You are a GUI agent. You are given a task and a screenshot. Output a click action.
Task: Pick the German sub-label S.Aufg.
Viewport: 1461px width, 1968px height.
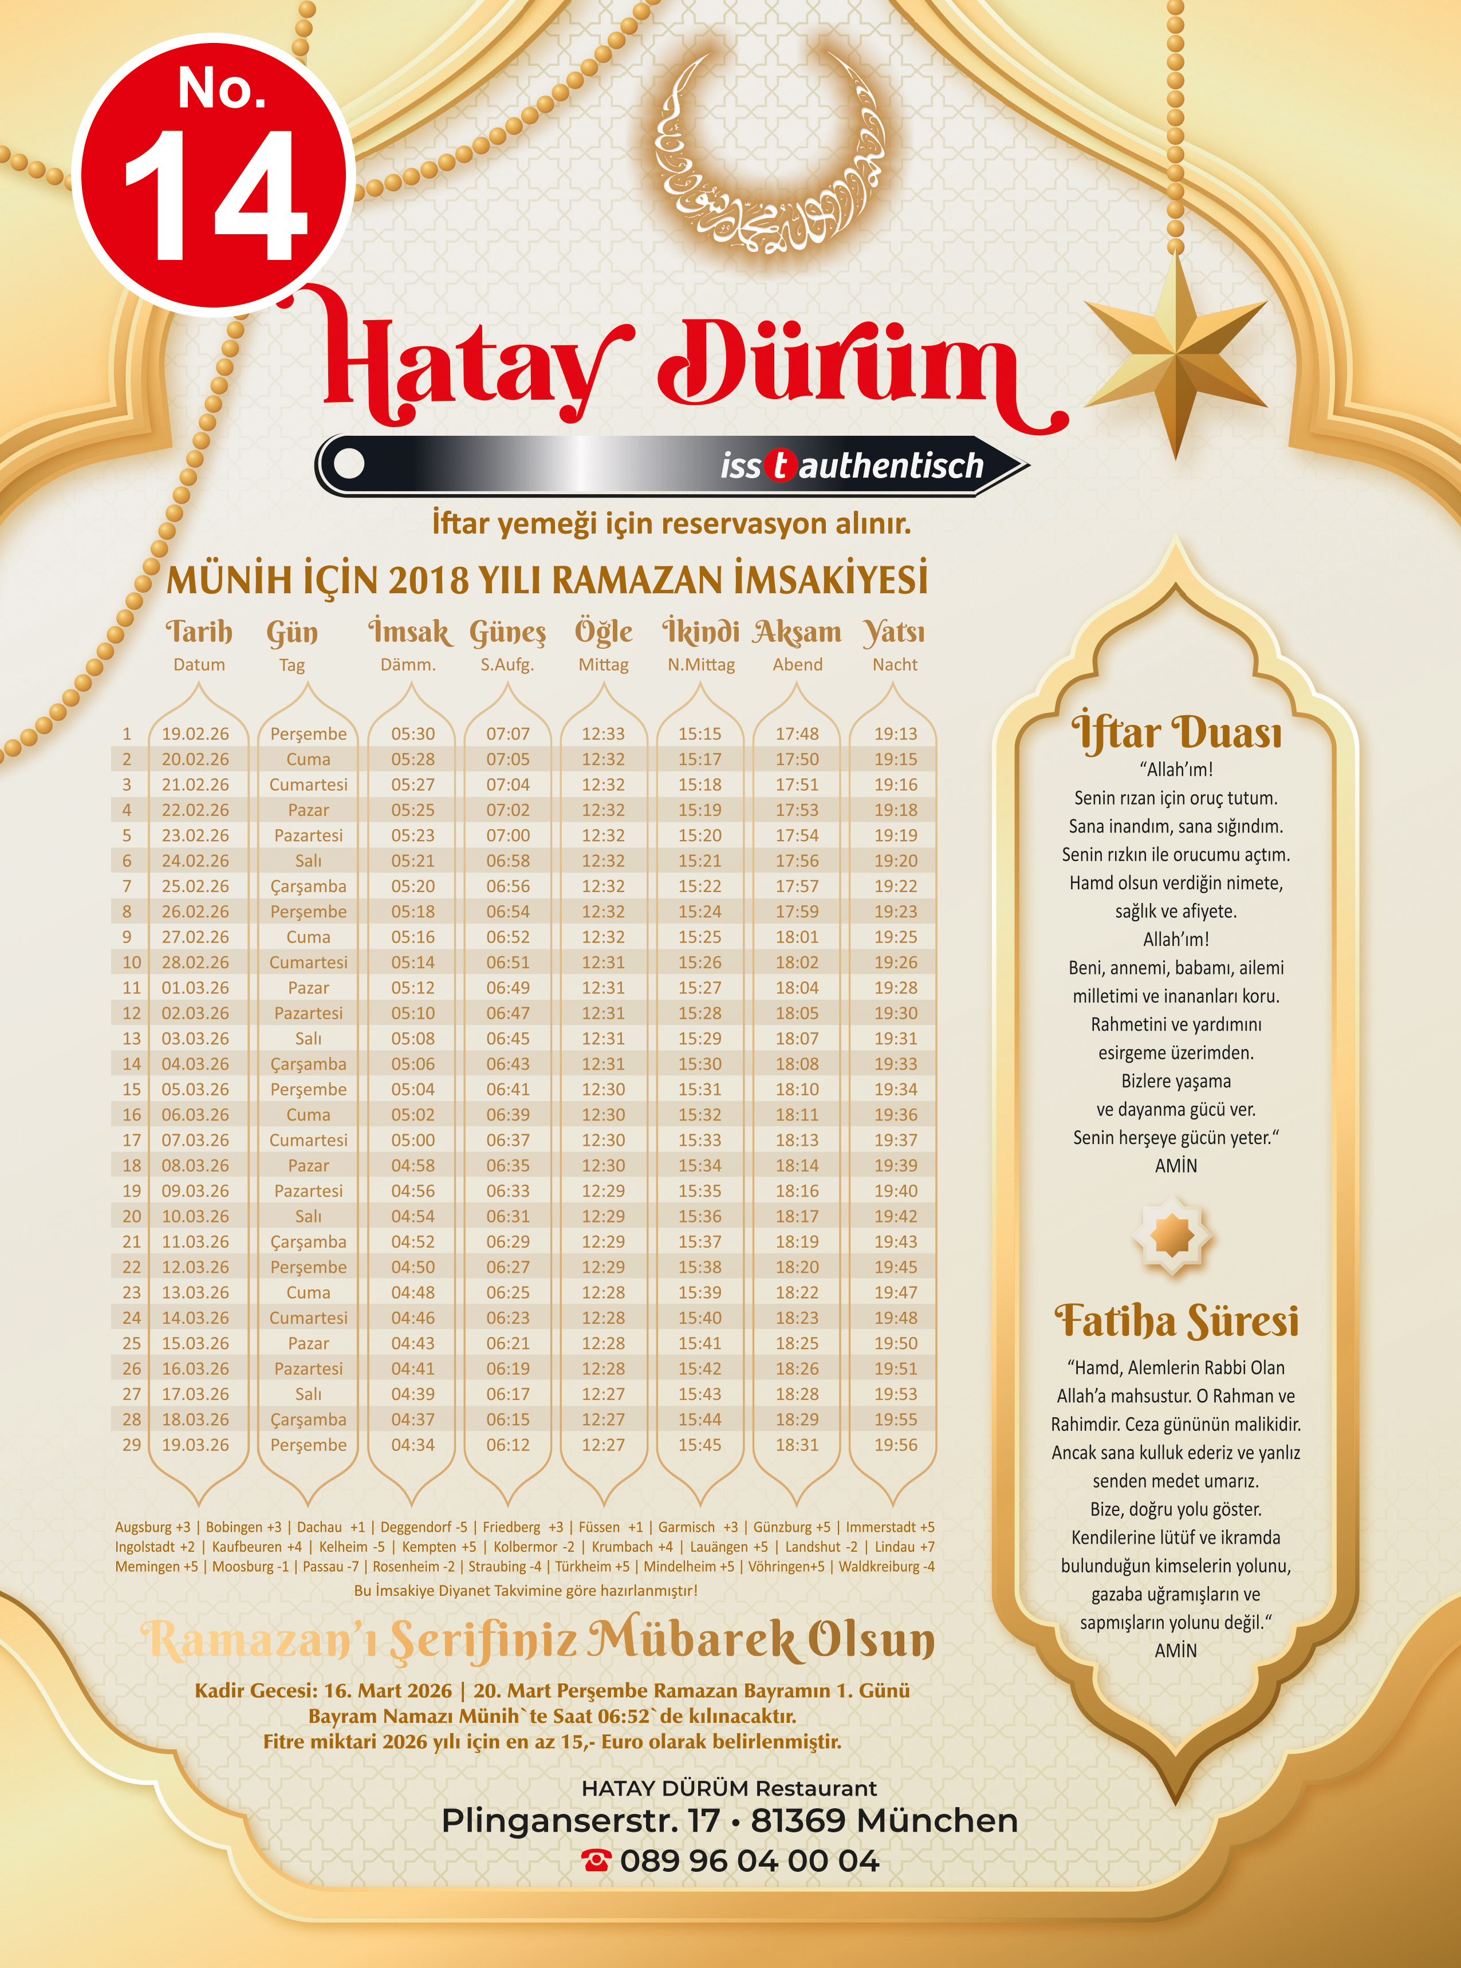tap(507, 665)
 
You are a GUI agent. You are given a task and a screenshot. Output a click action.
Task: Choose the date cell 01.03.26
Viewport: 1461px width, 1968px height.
tap(195, 988)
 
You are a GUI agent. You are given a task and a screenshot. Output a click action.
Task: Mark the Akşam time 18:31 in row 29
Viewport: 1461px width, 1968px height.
tap(797, 1445)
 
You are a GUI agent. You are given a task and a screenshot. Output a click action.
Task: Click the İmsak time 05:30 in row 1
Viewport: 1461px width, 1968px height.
tap(413, 734)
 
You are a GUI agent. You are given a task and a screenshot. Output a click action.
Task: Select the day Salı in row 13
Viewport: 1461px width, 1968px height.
tap(308, 1039)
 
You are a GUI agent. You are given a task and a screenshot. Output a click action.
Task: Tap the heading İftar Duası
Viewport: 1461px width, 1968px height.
tap(1176, 732)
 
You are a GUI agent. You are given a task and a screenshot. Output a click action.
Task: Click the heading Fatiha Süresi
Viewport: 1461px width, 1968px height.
tap(1176, 1321)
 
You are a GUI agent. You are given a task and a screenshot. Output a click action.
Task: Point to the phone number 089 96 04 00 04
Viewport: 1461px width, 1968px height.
tap(749, 1860)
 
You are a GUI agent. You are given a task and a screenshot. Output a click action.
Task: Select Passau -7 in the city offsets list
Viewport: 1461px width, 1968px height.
tap(331, 1565)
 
